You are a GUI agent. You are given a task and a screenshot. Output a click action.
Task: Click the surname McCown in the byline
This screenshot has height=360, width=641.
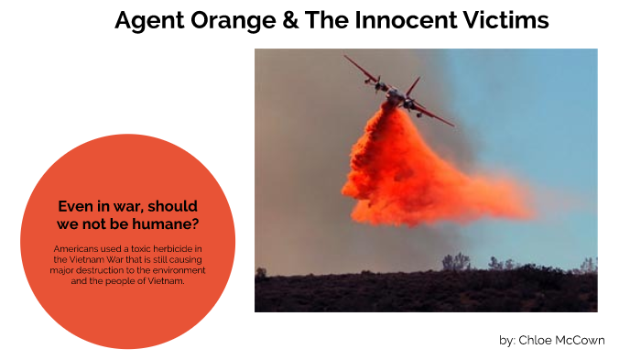[581, 340]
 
